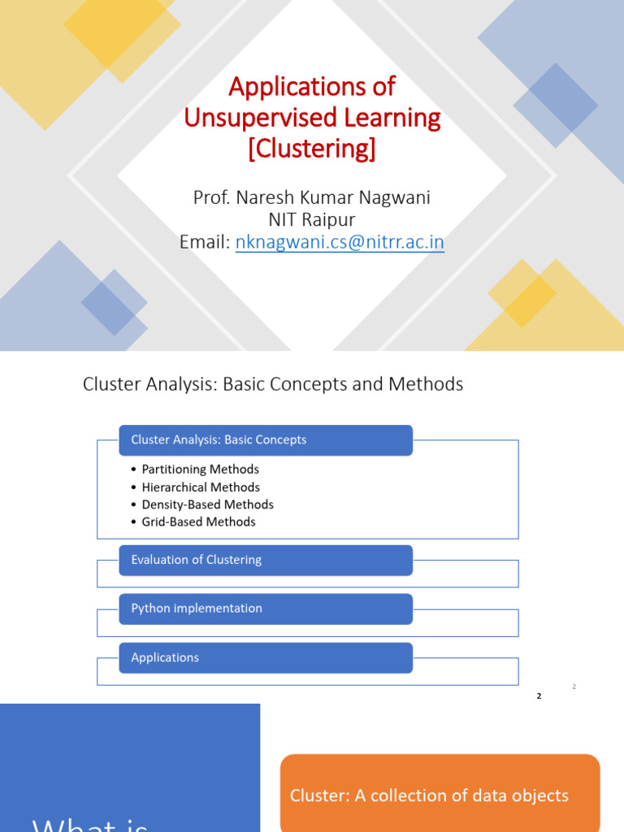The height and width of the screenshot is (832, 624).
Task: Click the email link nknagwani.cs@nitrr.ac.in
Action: point(340,242)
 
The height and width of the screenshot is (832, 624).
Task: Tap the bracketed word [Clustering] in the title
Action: point(312,149)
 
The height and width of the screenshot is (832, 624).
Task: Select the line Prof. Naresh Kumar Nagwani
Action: point(312,198)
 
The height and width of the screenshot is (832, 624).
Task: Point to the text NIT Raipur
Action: point(312,220)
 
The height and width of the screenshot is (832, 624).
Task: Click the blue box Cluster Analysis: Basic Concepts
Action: point(266,440)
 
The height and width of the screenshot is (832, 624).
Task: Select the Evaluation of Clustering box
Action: point(266,560)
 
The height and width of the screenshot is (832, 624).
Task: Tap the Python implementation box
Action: point(266,609)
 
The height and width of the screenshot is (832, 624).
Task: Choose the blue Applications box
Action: point(266,657)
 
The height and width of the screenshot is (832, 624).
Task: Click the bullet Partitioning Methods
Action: point(200,470)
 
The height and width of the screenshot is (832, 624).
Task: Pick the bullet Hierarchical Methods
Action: point(201,487)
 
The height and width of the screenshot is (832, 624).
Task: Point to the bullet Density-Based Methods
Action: point(207,505)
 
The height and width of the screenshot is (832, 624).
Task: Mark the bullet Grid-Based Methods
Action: point(198,522)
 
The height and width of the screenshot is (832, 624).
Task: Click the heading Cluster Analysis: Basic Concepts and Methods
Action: point(273,384)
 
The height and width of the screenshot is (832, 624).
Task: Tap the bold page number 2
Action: point(539,696)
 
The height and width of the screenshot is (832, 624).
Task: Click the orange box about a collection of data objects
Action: point(440,795)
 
